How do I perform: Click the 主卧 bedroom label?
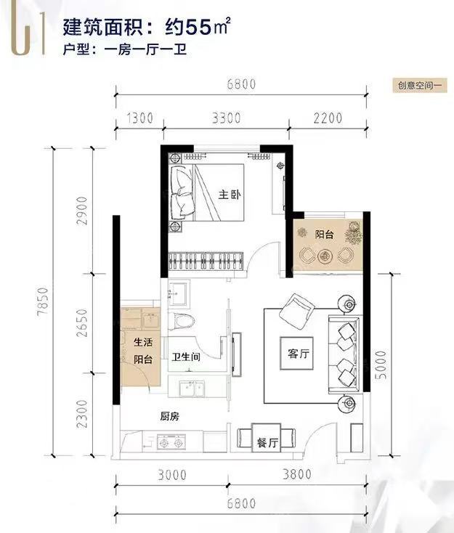[230, 195]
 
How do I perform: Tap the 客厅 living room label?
[299, 354]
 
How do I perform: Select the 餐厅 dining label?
[267, 442]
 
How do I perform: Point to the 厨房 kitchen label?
[170, 416]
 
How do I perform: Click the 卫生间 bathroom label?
[186, 357]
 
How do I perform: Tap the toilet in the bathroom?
[182, 321]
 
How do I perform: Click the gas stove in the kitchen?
[171, 442]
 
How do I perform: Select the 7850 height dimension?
[44, 301]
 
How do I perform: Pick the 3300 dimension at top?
[226, 118]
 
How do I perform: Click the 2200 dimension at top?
[328, 118]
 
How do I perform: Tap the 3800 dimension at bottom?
[297, 474]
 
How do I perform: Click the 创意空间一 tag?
[420, 85]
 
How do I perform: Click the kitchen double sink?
[192, 388]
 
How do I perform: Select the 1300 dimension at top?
[139, 118]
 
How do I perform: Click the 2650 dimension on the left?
[82, 323]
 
